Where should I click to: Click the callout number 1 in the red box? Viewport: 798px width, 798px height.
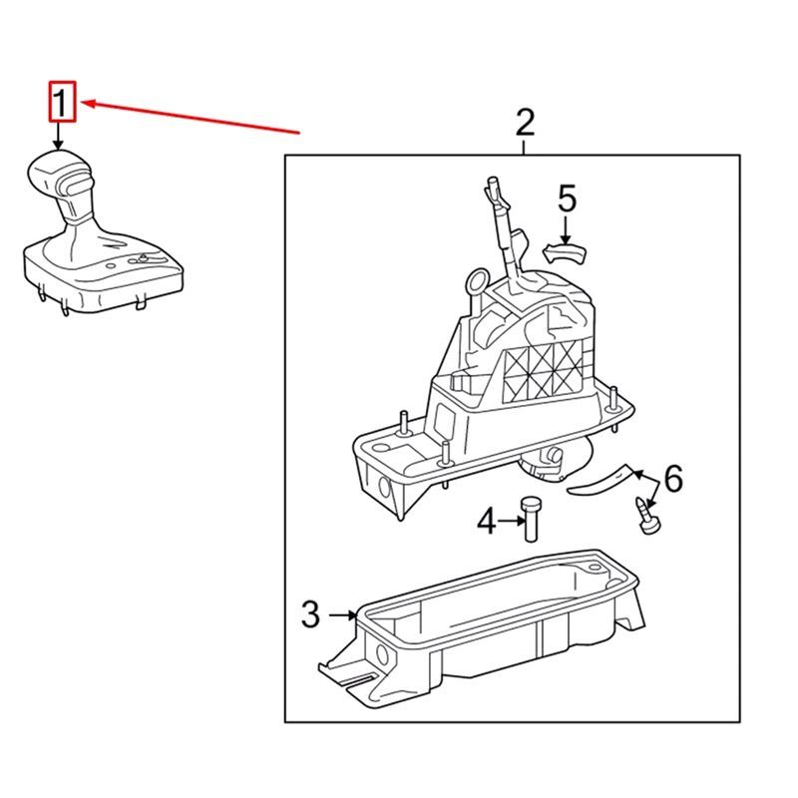62,102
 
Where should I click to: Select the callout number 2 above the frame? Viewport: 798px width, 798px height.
525,124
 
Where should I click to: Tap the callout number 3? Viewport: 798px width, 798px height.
310,614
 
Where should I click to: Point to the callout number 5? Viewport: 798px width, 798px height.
566,199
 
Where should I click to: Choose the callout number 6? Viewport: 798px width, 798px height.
673,481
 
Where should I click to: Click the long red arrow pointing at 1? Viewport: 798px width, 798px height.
190,116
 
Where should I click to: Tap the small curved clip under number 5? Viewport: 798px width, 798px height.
564,252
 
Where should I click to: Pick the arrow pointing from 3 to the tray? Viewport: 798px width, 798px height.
342,615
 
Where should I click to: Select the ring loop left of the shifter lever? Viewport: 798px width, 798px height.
477,282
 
